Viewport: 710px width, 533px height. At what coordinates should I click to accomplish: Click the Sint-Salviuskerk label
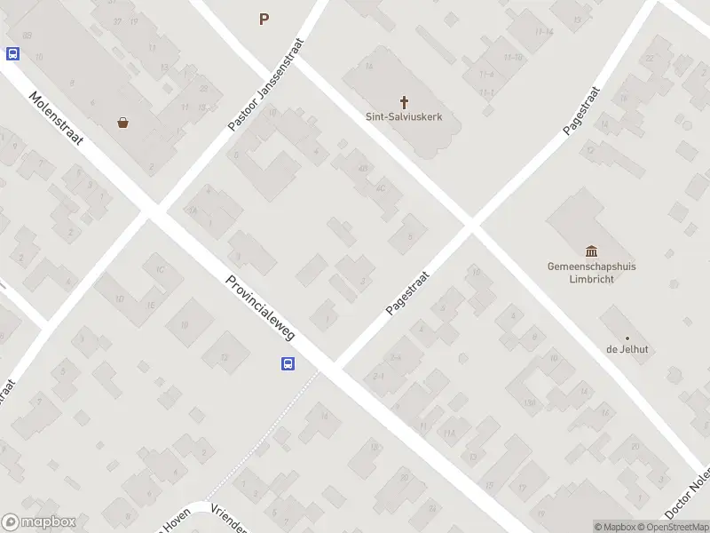(x=404, y=116)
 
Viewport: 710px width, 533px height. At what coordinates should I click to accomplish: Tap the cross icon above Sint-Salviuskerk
(x=404, y=101)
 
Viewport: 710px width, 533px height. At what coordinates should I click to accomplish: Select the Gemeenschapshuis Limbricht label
(x=593, y=272)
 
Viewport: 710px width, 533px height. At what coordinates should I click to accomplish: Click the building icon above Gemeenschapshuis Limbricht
(x=592, y=251)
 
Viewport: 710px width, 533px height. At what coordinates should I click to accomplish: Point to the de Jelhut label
(x=627, y=349)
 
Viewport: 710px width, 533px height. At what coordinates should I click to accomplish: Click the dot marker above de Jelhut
(x=627, y=338)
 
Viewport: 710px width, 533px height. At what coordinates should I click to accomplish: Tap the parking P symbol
(x=264, y=19)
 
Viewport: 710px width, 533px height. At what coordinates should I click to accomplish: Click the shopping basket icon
(x=122, y=123)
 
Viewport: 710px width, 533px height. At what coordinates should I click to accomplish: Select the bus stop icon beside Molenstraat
(x=12, y=53)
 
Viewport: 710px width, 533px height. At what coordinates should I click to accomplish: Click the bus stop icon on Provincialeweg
(x=288, y=363)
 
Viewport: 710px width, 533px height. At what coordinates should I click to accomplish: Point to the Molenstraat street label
(x=56, y=120)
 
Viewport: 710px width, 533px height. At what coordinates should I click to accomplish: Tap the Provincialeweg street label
(x=260, y=301)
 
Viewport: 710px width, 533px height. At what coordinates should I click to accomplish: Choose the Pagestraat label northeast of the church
(x=582, y=111)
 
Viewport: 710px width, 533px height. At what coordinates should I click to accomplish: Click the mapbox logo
(x=39, y=522)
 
